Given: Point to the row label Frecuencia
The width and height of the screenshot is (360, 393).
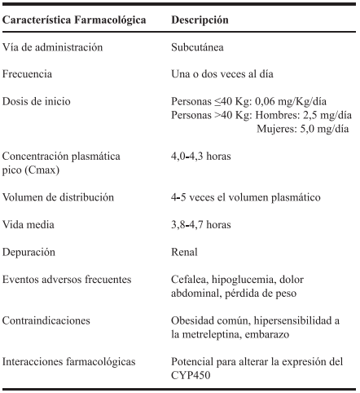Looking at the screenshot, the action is coord(31,74).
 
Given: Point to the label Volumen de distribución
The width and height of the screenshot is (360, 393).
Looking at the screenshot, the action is coord(59,196).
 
